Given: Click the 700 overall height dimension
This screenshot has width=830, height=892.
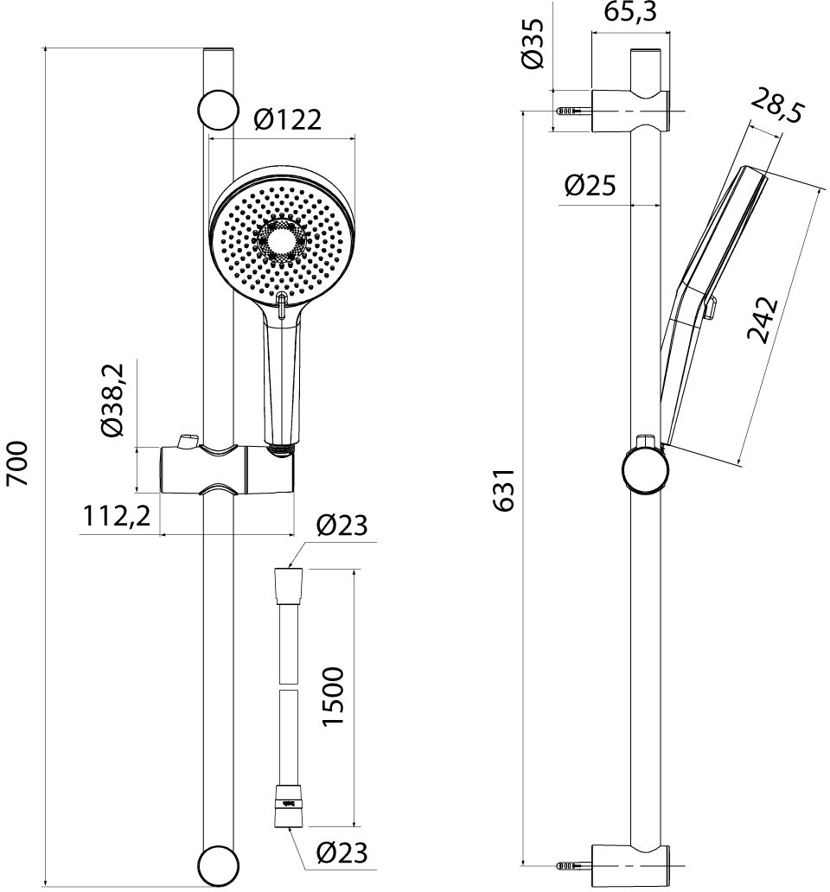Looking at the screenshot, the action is (17, 462).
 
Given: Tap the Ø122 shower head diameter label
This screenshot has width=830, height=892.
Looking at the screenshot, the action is (288, 120).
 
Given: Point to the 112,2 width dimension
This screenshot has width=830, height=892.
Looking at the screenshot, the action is (117, 517).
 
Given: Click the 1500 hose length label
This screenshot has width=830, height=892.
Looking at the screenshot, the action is (333, 697).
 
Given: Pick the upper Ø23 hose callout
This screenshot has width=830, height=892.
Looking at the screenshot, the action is (342, 526).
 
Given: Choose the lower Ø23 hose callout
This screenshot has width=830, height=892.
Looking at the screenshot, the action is (342, 852).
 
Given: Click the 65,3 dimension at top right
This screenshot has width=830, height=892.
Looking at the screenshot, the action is (630, 12).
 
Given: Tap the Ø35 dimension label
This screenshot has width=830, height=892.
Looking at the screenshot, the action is (533, 44).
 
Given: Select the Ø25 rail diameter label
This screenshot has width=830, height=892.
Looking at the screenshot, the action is (590, 186).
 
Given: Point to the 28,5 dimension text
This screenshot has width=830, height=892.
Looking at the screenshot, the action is (776, 105).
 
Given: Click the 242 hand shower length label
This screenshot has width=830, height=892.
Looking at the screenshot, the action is (763, 320).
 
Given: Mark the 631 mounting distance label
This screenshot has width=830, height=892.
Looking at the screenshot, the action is (504, 490).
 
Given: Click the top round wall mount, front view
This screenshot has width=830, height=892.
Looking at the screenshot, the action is (218, 110).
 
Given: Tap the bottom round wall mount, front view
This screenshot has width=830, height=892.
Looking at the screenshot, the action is (218, 866).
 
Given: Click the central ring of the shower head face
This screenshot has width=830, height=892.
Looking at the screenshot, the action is (282, 239).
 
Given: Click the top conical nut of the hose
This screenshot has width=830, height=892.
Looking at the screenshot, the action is (290, 585).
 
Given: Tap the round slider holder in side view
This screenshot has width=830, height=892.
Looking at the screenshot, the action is (646, 470).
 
